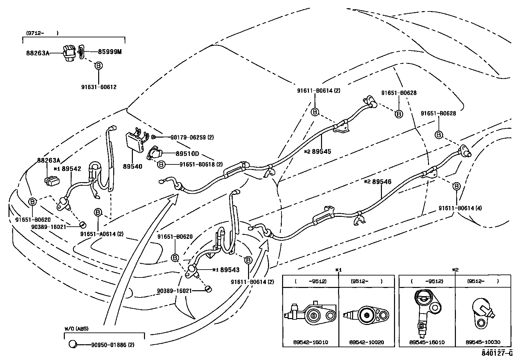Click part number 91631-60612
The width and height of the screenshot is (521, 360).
pos(99,87)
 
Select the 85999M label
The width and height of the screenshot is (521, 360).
pos(110,52)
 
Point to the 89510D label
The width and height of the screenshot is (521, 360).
pos(187,153)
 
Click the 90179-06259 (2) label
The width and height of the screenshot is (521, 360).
pos(192,137)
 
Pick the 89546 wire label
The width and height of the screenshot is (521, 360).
pos(382,182)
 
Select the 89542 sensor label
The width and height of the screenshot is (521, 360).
pos(71,169)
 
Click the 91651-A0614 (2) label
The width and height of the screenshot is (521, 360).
pos(102,234)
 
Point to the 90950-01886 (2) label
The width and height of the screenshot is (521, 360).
pos(113,345)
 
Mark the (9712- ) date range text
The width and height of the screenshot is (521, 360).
pos(42,33)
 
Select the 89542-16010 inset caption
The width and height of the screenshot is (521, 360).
pos(311,342)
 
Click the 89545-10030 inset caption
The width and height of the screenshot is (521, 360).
pos(483,342)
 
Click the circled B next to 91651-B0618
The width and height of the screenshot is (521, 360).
pos(161,164)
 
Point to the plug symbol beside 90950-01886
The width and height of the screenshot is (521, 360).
pos(73,344)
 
